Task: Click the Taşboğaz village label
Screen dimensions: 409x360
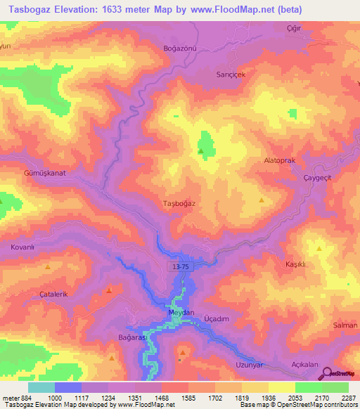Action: [x=179, y=203]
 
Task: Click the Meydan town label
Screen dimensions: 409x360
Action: [x=181, y=311]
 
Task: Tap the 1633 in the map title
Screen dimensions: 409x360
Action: [x=136, y=9]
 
